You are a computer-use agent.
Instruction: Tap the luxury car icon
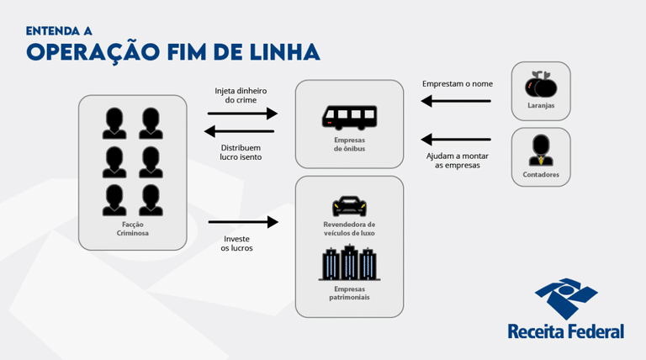point(348,204)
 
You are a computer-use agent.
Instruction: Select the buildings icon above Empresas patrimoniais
point(348,262)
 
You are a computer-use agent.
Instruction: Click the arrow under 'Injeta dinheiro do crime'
point(241,113)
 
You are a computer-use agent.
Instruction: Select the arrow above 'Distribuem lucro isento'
point(240,130)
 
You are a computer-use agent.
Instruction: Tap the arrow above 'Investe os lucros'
point(242,222)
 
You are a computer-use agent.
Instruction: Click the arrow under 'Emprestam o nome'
point(457,102)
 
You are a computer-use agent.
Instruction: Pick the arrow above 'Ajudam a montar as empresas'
point(457,140)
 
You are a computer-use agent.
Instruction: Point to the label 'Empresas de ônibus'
point(348,144)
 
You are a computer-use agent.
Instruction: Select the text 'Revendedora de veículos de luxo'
point(348,229)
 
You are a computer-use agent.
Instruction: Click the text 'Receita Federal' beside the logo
point(565,331)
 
